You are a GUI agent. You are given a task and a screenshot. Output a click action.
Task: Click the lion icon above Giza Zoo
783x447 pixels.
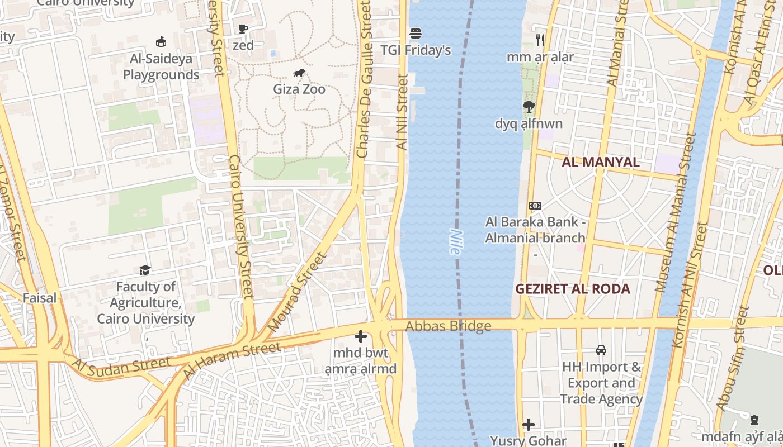pyautogui.click(x=299, y=73)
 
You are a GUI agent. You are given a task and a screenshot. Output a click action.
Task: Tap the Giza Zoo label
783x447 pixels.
pyautogui.click(x=299, y=89)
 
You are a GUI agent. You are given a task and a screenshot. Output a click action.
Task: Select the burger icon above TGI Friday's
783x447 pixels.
pyautogui.click(x=415, y=34)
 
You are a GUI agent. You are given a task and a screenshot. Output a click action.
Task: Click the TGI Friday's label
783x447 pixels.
pyautogui.click(x=416, y=50)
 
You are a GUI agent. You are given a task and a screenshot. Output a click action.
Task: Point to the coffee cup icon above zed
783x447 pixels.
pyautogui.click(x=243, y=28)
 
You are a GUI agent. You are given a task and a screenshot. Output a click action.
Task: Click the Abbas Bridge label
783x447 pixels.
pyautogui.click(x=449, y=326)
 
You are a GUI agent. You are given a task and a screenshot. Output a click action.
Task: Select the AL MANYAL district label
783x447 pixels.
pyautogui.click(x=601, y=163)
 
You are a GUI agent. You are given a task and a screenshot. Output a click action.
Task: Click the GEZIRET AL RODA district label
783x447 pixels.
pyautogui.click(x=573, y=289)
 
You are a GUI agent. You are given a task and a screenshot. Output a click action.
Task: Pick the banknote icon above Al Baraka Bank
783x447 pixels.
pyautogui.click(x=535, y=206)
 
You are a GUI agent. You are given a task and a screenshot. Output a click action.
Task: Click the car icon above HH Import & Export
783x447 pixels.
pyautogui.click(x=601, y=350)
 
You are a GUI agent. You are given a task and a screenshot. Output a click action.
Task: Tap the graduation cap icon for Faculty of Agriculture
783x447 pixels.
pyautogui.click(x=145, y=270)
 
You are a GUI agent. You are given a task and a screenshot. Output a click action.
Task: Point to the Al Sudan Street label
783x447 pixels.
pyautogui.click(x=121, y=365)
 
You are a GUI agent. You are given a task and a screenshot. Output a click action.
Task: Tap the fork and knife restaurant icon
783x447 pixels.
pyautogui.click(x=540, y=40)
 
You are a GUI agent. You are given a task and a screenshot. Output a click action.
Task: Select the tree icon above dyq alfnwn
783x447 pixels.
pyautogui.click(x=529, y=107)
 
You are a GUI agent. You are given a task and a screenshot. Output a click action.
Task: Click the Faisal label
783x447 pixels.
pyautogui.click(x=40, y=298)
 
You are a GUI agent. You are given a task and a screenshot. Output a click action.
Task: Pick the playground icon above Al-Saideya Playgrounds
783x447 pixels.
pyautogui.click(x=161, y=42)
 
